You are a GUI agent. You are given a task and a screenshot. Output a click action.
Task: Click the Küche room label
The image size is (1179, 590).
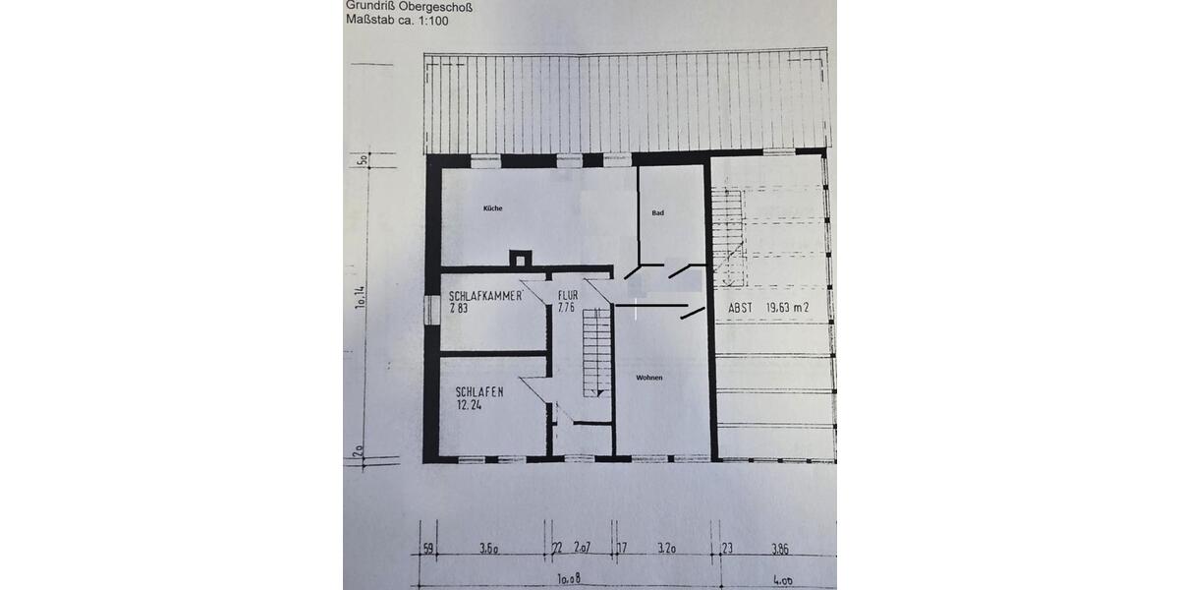tap(492, 208)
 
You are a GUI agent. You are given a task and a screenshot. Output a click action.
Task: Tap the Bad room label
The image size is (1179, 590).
tap(658, 212)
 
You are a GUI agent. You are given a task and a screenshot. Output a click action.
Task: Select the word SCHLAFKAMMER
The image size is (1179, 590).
tap(484, 296)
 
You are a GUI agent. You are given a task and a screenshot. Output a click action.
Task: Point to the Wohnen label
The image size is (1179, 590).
tap(648, 378)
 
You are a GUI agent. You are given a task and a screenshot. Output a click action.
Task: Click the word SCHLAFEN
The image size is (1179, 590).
tap(480, 391)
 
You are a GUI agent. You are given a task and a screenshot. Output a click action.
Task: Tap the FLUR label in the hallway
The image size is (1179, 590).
tap(568, 295)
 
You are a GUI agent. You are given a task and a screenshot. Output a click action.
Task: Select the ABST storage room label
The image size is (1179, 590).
tap(741, 308)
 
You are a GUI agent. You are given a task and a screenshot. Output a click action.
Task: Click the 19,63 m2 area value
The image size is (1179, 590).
tap(787, 308)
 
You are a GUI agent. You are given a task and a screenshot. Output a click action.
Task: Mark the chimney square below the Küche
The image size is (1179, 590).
tap(520, 260)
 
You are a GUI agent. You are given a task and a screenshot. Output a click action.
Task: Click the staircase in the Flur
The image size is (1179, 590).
tap(592, 351)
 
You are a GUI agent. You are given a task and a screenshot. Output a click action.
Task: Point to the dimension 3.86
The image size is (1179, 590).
tap(780, 550)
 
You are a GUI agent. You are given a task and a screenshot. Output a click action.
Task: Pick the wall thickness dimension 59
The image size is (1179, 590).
tap(426, 550)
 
